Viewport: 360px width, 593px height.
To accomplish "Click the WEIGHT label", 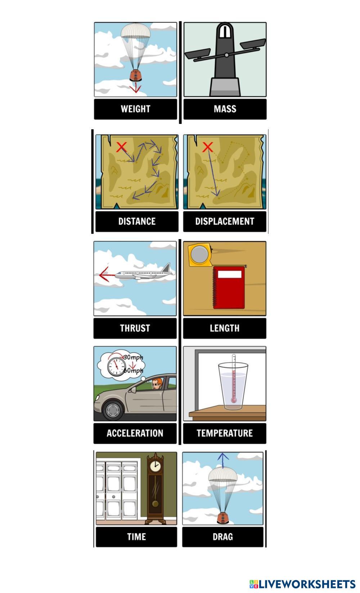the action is (135, 109).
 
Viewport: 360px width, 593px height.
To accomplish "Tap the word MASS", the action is (225, 109).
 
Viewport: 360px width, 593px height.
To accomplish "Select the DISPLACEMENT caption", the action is (225, 221).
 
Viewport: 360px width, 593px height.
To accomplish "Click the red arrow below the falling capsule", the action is (136, 87).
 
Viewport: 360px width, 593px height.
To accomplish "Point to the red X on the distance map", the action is (122, 147).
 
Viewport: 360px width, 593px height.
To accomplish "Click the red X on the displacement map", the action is (207, 147).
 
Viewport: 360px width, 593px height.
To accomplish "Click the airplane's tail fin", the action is (166, 268).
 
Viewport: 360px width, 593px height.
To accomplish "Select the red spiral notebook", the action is (229, 288).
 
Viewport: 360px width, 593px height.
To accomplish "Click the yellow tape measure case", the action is (200, 255).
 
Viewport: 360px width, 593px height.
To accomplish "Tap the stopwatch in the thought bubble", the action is (117, 367).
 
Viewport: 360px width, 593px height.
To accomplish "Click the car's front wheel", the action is (113, 410).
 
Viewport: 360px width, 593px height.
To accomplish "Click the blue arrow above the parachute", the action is (223, 461).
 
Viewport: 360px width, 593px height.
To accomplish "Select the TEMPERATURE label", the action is (225, 433).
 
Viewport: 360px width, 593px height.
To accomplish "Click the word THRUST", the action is (135, 328).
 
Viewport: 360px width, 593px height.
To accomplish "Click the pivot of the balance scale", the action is (226, 55).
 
